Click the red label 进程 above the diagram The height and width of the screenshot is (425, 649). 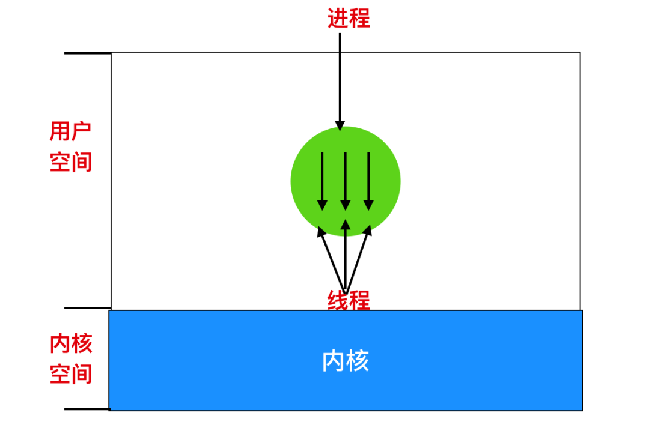click(348, 18)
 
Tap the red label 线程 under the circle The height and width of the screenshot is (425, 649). click(348, 300)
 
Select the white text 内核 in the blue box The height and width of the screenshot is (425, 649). click(346, 361)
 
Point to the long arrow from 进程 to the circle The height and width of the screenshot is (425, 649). click(340, 78)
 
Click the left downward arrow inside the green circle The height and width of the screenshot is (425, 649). click(322, 180)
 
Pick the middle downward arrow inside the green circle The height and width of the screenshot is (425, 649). click(345, 180)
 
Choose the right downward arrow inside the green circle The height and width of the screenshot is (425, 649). click(368, 180)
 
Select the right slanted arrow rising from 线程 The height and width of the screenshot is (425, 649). click(358, 258)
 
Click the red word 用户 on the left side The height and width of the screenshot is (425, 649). click(70, 131)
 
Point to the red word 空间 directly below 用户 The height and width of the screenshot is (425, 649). click(70, 162)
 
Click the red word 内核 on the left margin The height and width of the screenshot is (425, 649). click(70, 344)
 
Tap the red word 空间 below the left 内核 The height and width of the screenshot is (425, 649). click(70, 375)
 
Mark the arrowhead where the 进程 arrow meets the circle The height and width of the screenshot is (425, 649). click(340, 125)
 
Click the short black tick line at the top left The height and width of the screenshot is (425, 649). click(87, 53)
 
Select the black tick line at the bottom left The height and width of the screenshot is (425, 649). click(87, 409)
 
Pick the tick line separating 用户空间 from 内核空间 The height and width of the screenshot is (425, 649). click(87, 309)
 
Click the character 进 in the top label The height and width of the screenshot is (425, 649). click(337, 18)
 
